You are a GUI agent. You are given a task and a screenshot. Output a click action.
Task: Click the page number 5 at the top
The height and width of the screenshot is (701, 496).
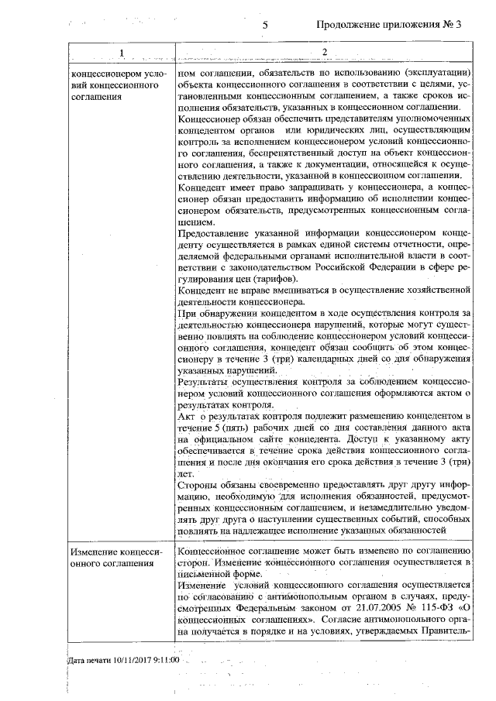(x=265, y=24)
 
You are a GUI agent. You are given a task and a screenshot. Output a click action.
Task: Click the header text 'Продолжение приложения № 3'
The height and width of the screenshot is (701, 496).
(x=389, y=24)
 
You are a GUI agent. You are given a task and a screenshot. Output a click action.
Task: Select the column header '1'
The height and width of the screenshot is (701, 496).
(x=120, y=53)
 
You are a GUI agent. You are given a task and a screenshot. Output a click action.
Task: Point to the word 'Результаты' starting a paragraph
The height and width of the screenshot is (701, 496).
(x=205, y=381)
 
